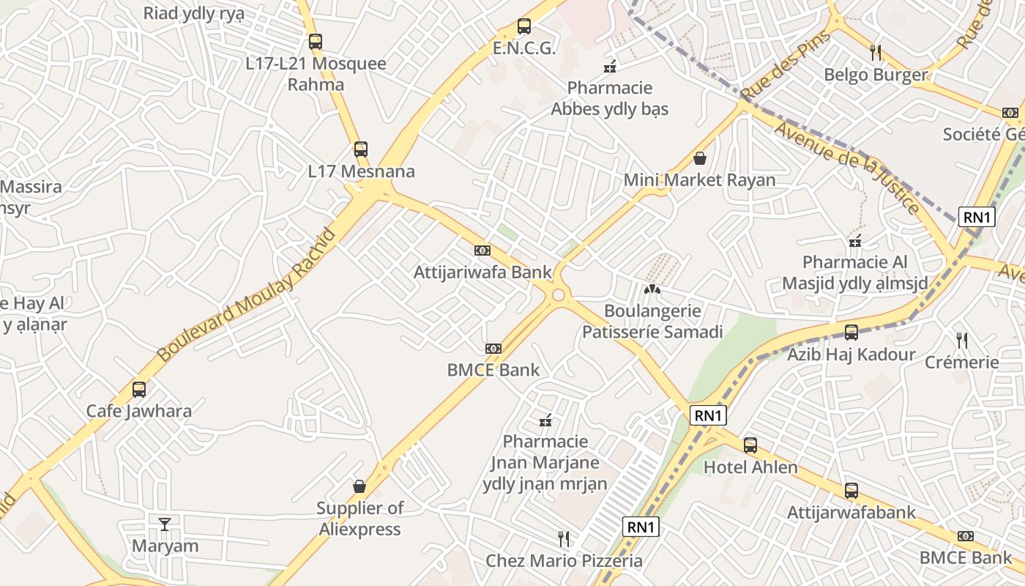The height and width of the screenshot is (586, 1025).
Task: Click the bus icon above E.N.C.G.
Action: [x=523, y=26]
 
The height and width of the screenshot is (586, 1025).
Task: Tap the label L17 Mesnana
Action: [x=361, y=171]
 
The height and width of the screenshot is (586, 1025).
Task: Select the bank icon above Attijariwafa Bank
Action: [x=482, y=251]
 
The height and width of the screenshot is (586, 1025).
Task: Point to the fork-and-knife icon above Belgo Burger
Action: [x=875, y=51]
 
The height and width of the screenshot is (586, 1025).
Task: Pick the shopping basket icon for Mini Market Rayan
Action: [x=700, y=158]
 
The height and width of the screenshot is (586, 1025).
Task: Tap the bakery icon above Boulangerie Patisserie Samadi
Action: [x=652, y=289]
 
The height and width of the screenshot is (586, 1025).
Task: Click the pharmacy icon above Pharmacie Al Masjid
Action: [x=854, y=240]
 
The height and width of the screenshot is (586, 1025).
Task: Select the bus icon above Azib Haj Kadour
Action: [x=851, y=333]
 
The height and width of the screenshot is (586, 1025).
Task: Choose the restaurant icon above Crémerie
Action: [x=962, y=340]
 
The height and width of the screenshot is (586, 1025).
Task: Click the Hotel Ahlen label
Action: [x=750, y=467]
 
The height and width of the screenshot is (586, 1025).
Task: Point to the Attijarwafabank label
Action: [x=851, y=512]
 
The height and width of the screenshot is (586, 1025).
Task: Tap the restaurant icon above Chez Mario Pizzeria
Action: [x=564, y=539]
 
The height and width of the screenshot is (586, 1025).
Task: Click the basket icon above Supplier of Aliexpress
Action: [x=359, y=486]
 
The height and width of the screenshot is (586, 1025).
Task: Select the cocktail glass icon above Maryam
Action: [x=165, y=524]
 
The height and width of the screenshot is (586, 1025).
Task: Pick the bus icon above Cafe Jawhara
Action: [x=139, y=389]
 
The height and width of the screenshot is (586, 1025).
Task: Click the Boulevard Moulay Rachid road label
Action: [x=247, y=294]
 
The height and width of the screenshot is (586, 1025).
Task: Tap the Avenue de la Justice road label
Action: [x=847, y=167]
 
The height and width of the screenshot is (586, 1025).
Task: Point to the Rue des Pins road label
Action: [x=785, y=66]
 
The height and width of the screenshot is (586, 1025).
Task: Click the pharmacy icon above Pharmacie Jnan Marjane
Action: [x=545, y=420]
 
